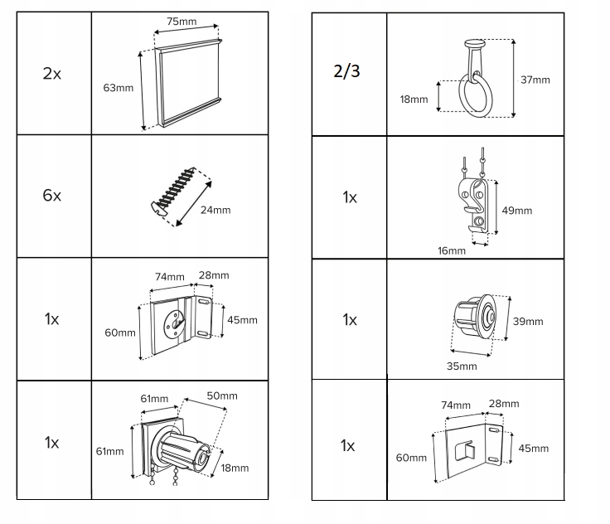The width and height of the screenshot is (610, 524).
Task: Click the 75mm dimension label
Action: tap(182, 22)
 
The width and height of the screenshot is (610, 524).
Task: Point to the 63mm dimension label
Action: tap(119, 88)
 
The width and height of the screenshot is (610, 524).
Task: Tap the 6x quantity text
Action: tap(52, 196)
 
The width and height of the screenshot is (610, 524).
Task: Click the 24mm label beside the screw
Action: tap(215, 211)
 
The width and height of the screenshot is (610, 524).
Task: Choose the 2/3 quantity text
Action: tap(346, 71)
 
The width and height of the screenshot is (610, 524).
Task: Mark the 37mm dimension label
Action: tap(535, 80)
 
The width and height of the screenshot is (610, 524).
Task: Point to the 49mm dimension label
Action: tap(517, 211)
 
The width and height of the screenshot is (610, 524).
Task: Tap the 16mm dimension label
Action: tap(452, 250)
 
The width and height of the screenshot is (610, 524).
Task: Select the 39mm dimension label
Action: tap(528, 322)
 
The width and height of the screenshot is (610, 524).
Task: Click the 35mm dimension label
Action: tap(462, 366)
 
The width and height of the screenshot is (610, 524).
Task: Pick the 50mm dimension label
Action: tap(222, 396)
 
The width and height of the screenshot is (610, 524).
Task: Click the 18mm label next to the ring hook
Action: tap(414, 99)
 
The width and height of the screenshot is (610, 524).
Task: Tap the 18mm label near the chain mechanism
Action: tap(235, 468)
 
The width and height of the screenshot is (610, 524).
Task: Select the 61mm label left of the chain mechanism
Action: tap(109, 452)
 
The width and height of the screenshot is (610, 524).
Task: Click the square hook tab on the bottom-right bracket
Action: tap(465, 450)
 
